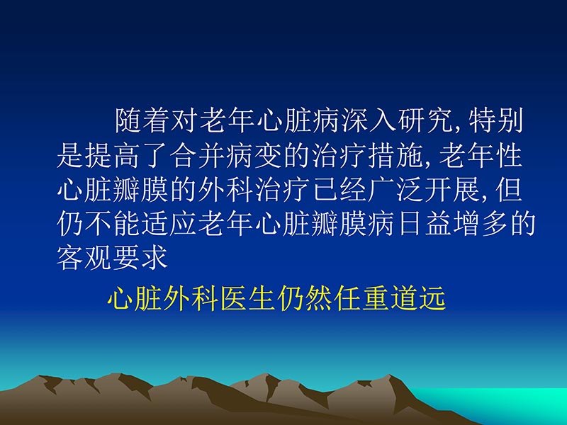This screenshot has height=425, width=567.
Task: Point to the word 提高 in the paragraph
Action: tap(113, 157)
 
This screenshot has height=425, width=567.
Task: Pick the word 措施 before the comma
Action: tap(397, 157)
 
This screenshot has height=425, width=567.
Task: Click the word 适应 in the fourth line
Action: tap(170, 225)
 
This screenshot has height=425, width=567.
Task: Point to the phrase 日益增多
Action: tap(453, 225)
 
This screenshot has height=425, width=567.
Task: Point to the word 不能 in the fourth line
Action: tap(113, 225)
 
